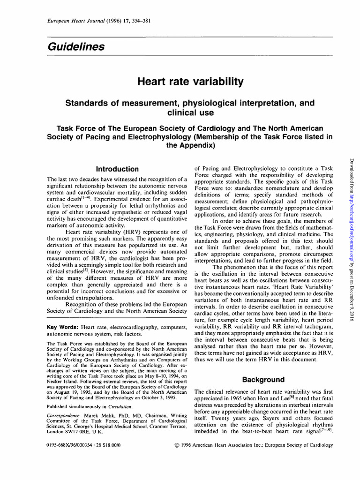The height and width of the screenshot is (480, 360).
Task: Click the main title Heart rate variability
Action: pyautogui.click(x=190, y=82)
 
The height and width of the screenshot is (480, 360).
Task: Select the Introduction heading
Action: pyautogui.click(x=117, y=169)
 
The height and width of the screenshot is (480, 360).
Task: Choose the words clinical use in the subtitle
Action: pyautogui.click(x=190, y=113)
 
